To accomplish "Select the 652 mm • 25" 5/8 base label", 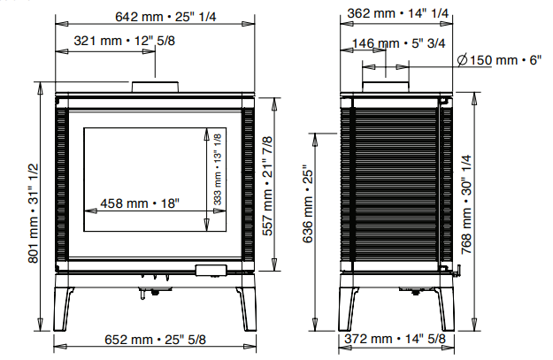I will tap(157, 339).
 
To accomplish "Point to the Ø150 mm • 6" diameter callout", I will tap(498, 59).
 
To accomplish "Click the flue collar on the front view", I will tap(157, 86).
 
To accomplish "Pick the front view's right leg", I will tap(245, 305).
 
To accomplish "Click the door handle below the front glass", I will tap(211, 269).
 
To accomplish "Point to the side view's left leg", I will tap(347, 305).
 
